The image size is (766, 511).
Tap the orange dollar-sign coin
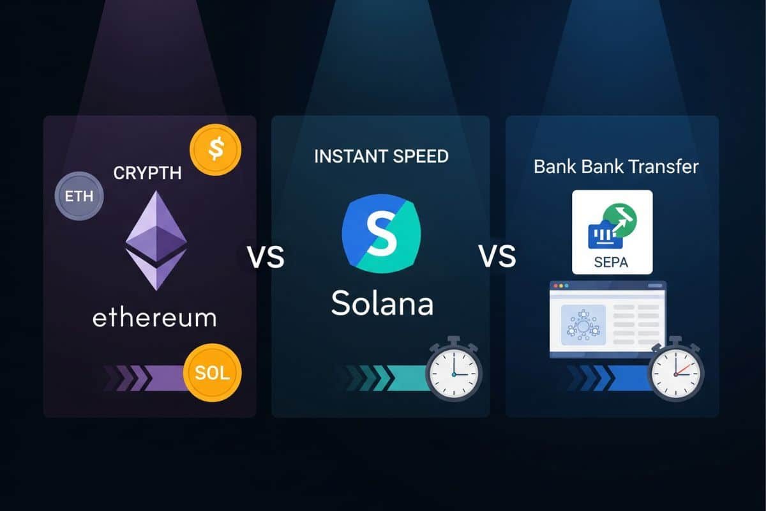tap(216, 150)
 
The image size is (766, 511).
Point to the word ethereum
tap(154, 317)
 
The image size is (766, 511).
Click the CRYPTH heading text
tap(147, 173)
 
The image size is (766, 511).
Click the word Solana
tap(382, 303)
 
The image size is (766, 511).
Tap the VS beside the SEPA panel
tap(497, 257)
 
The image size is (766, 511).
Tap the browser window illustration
tap(607, 319)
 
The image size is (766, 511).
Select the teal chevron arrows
tap(377, 378)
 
